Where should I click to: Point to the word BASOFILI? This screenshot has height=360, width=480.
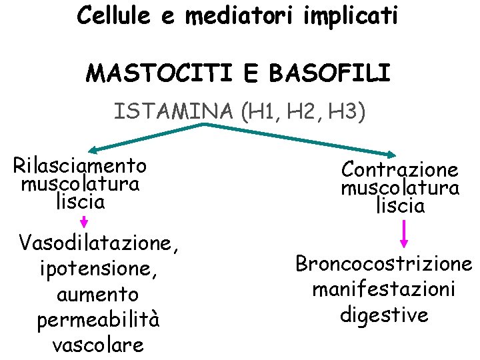pos(329,73)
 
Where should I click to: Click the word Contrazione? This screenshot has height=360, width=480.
pos(400,169)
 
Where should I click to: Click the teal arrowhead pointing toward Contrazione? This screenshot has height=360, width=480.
pos(403,151)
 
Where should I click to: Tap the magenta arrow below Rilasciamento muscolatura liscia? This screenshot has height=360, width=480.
pos(83,221)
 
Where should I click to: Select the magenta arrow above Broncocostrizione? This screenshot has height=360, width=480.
pos(404,235)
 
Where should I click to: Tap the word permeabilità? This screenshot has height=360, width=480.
pos(98,321)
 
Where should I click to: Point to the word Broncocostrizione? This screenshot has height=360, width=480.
pos(384,264)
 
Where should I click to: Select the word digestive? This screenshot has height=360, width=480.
pos(384,314)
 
